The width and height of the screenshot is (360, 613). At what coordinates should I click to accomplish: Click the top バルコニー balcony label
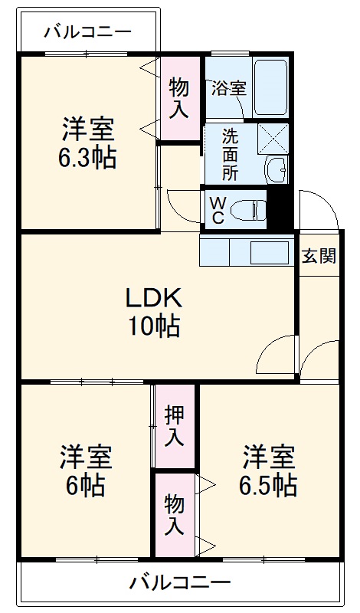point(87,31)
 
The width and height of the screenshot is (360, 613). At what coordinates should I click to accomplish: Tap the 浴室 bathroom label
point(228,87)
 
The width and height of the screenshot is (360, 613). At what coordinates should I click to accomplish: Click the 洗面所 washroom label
point(230,153)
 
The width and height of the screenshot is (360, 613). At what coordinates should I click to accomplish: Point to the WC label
point(217,209)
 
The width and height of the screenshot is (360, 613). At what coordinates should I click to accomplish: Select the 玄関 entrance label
point(318,256)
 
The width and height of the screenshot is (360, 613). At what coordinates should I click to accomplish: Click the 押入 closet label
point(175,426)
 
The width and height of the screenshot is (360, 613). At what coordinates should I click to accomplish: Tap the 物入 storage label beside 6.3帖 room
point(179,97)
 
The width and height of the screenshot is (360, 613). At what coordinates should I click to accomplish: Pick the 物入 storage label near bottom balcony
point(175,514)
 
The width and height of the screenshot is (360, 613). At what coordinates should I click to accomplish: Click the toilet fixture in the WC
point(247,208)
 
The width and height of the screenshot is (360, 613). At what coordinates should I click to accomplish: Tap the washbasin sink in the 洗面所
point(276,166)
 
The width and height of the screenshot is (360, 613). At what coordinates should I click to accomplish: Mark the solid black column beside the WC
point(280,209)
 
